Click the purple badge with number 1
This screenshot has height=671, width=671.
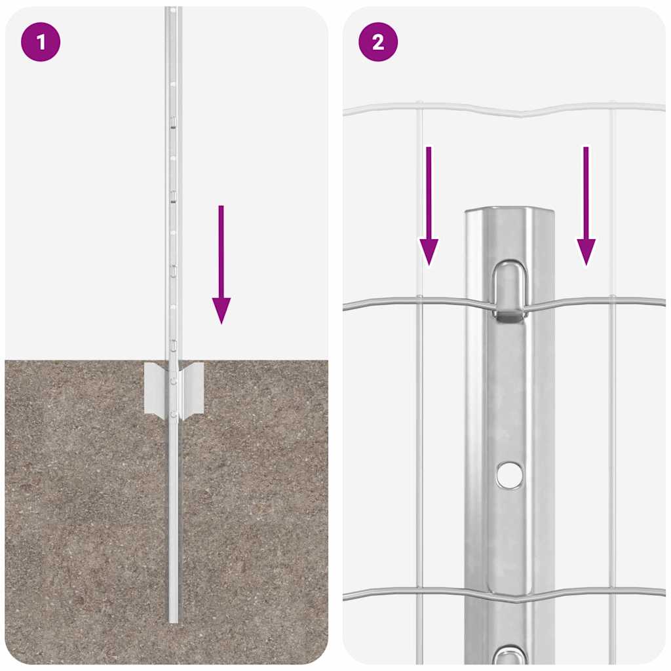click(x=41, y=43)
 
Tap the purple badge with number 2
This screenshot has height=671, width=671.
click(x=378, y=43)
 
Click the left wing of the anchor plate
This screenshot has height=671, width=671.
click(x=156, y=387)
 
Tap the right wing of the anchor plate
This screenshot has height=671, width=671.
click(x=191, y=387)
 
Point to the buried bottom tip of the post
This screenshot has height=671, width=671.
click(x=173, y=619)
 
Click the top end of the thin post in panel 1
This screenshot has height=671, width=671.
click(x=172, y=9)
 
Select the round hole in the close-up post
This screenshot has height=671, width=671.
click(x=509, y=474)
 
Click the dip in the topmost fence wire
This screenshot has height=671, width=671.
click(x=522, y=114)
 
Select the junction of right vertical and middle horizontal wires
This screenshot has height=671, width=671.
click(x=612, y=299)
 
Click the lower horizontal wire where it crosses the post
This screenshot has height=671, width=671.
click(x=509, y=597)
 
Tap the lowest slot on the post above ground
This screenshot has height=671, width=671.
click(x=174, y=344)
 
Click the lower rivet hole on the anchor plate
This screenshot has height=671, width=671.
click(x=173, y=413)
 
